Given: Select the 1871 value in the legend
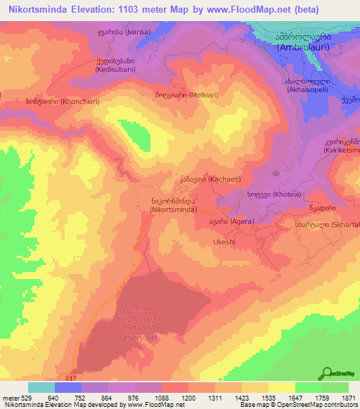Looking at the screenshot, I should click(347, 397).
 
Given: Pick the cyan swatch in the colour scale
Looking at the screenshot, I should click(41, 387).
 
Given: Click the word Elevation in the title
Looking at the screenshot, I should click(94, 10).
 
